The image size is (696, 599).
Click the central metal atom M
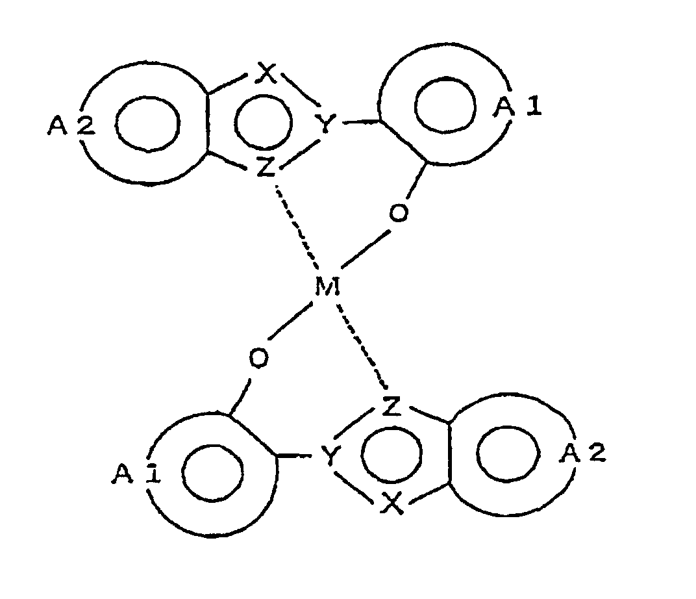(327, 287)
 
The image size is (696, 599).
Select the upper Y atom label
(325, 123)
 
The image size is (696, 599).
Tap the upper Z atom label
(266, 168)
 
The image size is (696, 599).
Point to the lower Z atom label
(391, 406)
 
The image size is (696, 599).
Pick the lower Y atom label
(330, 456)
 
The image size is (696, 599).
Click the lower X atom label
(392, 503)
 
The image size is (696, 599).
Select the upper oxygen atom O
(398, 212)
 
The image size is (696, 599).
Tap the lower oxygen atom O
(259, 358)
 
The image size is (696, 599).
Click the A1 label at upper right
(517, 107)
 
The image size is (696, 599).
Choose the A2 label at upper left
(71, 125)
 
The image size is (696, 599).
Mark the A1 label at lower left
(136, 474)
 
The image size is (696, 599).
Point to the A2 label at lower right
(582, 453)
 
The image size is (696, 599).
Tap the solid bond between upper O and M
(366, 249)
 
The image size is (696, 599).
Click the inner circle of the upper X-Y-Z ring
(263, 121)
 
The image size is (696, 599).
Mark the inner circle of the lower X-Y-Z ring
(391, 454)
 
